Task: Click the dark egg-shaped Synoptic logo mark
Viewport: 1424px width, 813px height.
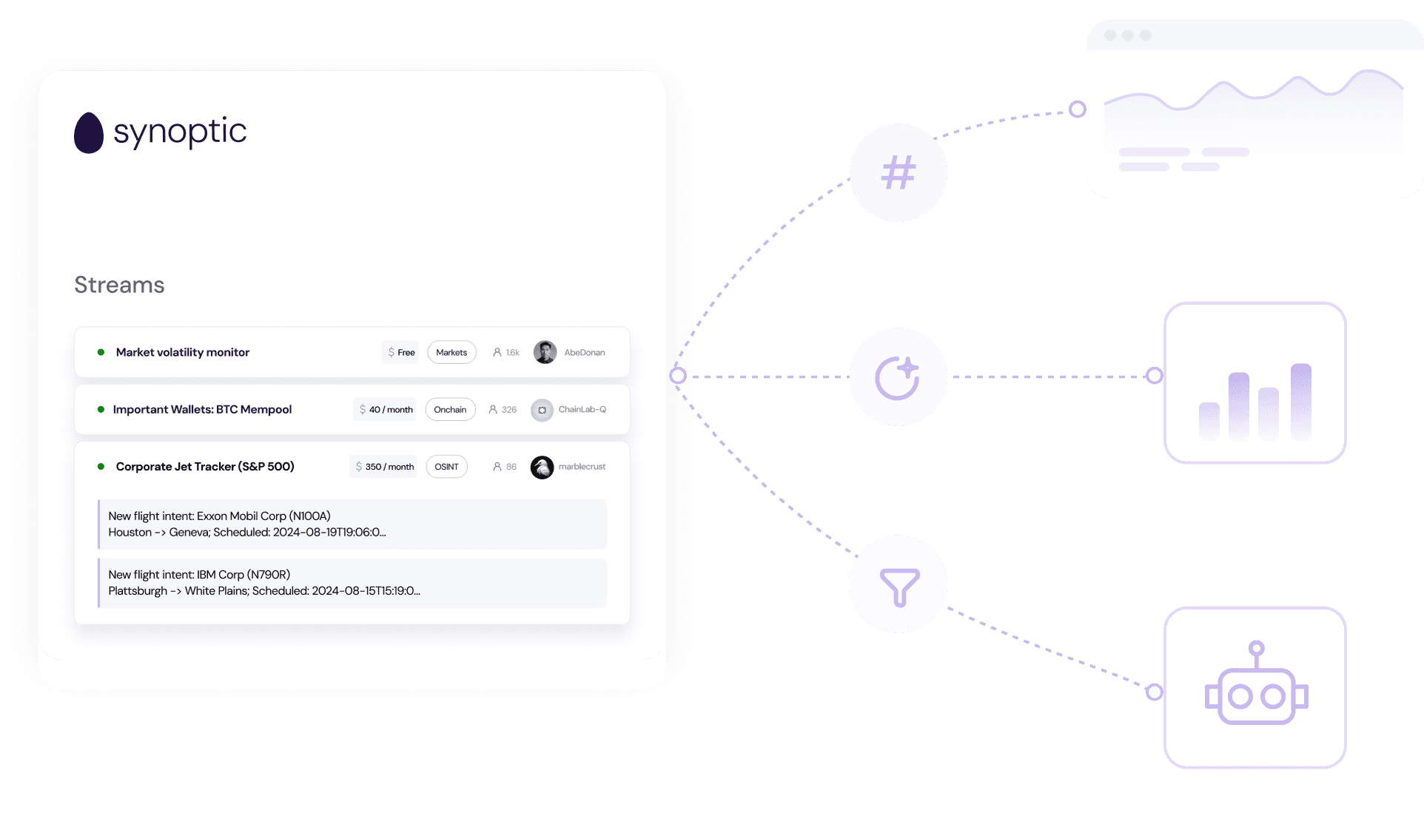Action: pos(89,133)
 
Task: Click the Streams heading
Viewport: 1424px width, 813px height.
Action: pos(119,285)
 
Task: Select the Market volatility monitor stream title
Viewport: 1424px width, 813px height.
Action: pos(182,352)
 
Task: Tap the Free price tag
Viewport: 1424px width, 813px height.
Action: pos(400,352)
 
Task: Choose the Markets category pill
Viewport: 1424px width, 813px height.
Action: pos(451,352)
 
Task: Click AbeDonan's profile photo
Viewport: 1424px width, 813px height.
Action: pos(545,352)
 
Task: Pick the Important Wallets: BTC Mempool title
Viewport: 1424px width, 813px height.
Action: pos(202,409)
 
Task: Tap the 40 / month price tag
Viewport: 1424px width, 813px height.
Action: pos(385,409)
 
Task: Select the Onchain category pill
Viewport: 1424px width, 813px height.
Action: pos(450,409)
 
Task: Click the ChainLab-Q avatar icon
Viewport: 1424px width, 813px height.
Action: pos(542,410)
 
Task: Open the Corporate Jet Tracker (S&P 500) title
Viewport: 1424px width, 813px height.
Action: pos(205,466)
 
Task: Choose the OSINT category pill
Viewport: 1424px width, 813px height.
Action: pos(446,466)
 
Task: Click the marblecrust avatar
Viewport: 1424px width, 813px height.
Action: pos(542,467)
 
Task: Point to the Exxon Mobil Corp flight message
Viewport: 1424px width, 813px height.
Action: pos(352,524)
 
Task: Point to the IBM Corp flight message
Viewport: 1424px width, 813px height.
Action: pos(352,582)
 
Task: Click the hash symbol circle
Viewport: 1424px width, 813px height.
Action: pos(898,172)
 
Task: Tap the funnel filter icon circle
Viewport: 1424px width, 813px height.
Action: pos(898,584)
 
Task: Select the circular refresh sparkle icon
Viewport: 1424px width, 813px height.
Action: pos(898,377)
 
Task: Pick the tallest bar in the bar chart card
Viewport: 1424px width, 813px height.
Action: pos(1300,401)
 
